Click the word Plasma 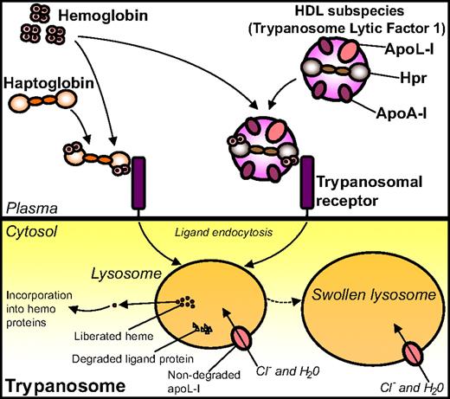tap(28, 209)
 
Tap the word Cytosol tap(30, 231)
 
